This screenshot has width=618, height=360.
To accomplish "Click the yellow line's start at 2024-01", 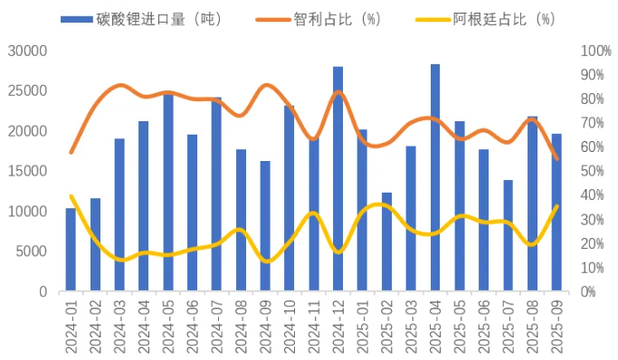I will coord(71,196).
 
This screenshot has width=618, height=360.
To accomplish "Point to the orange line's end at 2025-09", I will coord(556,159).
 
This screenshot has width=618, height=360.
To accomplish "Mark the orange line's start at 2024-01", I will coord(71,152).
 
